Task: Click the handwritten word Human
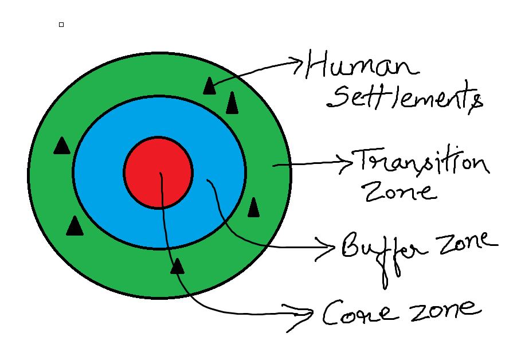tap(361, 65)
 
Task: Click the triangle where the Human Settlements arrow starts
tap(209, 86)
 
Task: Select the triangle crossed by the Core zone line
tap(178, 265)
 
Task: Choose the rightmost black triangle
tap(253, 208)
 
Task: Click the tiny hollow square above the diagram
tap(61, 24)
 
